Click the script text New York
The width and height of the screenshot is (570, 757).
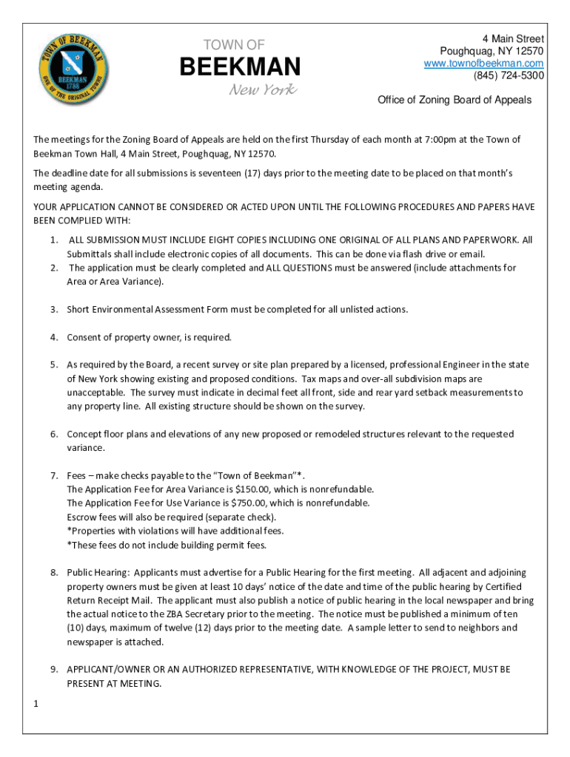(x=262, y=90)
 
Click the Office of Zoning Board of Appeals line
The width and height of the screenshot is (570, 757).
(x=455, y=100)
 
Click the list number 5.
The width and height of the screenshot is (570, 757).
(x=54, y=364)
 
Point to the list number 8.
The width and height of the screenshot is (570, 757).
(x=54, y=572)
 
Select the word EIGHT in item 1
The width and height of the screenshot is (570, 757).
(x=225, y=240)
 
